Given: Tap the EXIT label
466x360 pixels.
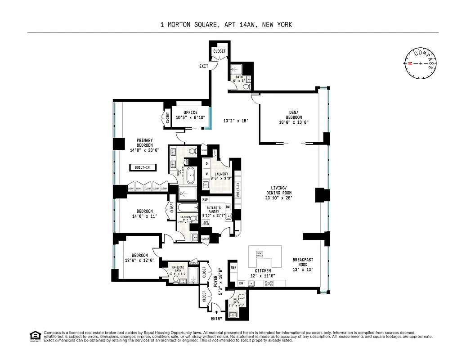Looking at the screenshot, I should pyautogui.click(x=204, y=67).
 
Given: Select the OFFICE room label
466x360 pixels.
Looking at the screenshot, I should pyautogui.click(x=190, y=112).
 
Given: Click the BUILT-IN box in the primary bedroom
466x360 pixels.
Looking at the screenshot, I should pyautogui.click(x=143, y=168).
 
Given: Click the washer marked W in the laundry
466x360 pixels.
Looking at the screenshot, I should pyautogui.click(x=207, y=174).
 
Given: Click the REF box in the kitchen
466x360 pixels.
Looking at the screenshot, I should pyautogui.click(x=233, y=267).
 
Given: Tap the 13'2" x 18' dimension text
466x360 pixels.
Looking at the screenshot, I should pyautogui.click(x=236, y=121).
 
